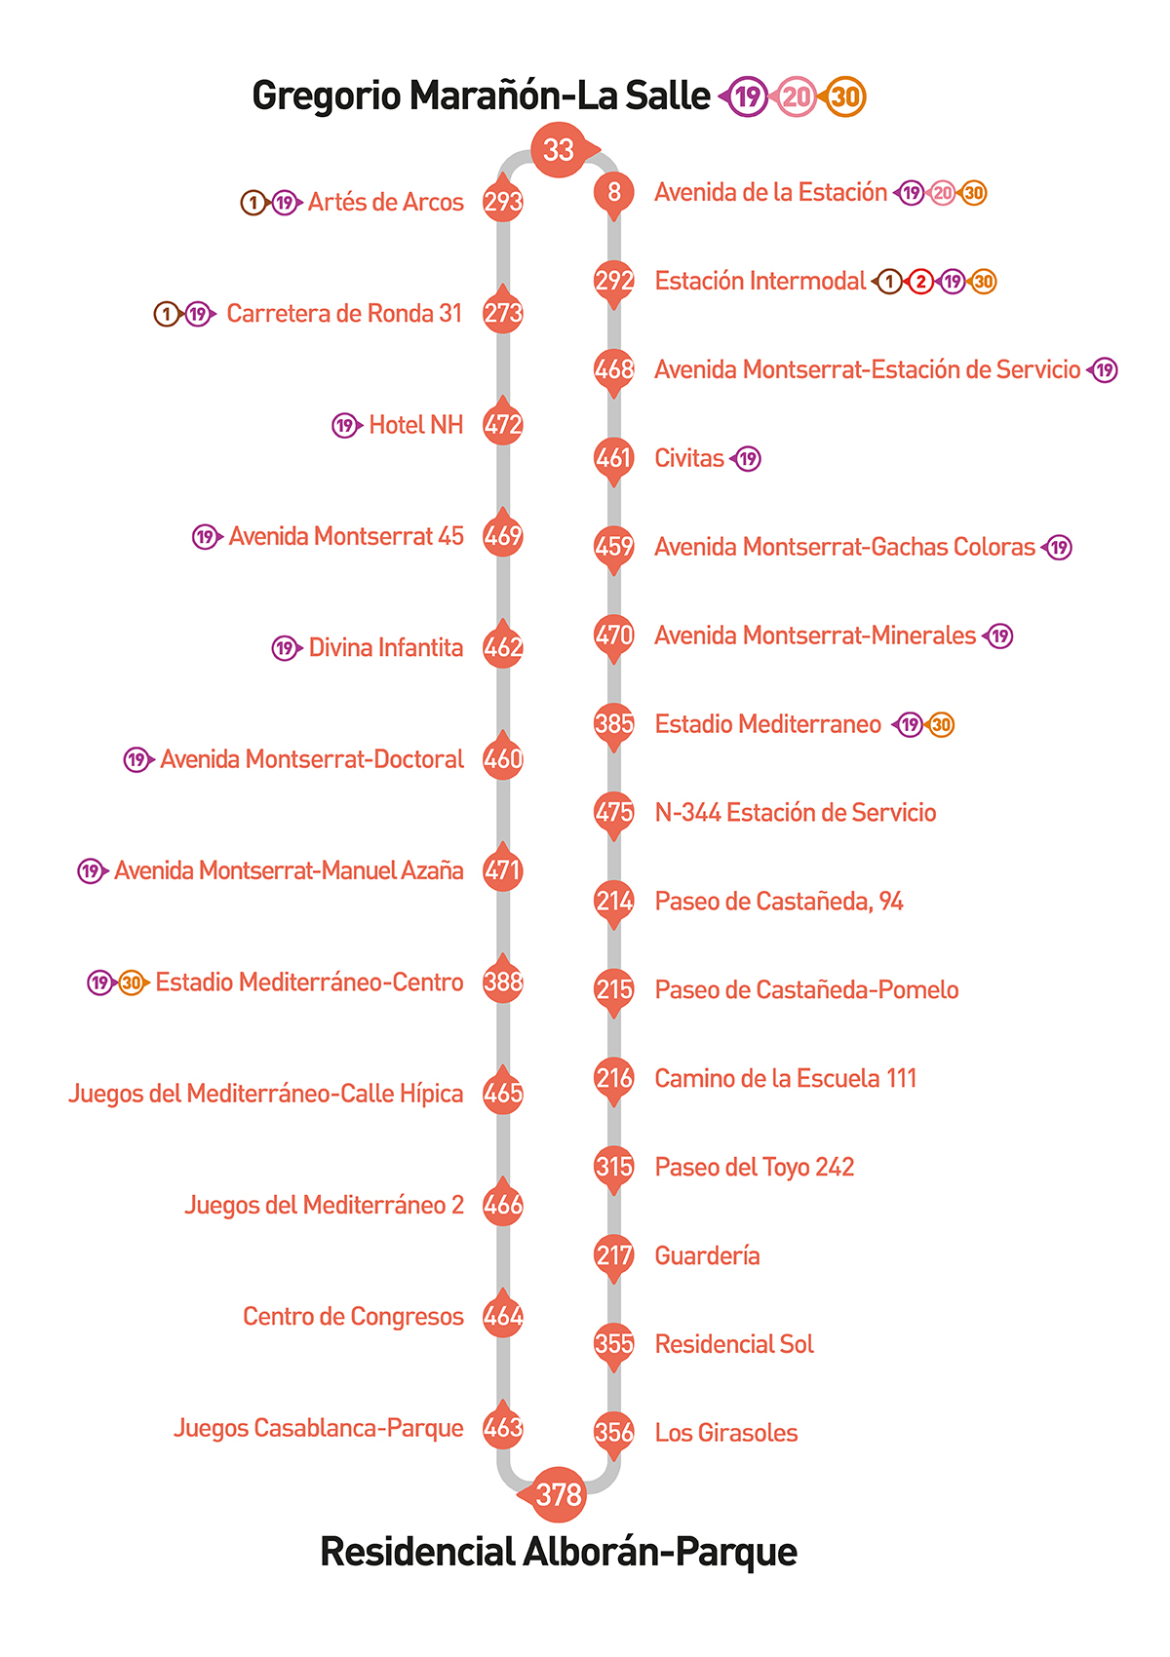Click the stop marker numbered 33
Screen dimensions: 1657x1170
point(559,149)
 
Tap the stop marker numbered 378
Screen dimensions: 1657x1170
point(559,1493)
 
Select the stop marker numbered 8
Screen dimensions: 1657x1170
point(614,192)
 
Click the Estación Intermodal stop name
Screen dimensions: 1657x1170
point(760,281)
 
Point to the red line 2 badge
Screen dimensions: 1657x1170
point(920,282)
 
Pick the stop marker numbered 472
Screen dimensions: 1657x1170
point(503,424)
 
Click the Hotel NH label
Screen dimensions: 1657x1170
point(415,425)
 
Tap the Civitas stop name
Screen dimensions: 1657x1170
point(689,458)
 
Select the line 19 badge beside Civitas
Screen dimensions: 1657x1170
point(747,458)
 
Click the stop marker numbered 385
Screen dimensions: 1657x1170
point(614,723)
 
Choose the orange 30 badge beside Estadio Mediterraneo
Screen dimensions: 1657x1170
point(941,724)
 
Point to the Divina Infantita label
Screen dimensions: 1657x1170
point(385,647)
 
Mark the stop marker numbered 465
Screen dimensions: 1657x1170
point(503,1094)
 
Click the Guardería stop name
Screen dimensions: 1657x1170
point(707,1255)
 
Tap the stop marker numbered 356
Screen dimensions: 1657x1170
point(614,1432)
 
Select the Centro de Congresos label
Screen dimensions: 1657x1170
point(353,1316)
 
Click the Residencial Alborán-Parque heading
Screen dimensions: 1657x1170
point(559,1552)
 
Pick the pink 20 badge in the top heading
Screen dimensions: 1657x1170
point(797,96)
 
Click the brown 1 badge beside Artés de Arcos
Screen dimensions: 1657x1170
point(253,203)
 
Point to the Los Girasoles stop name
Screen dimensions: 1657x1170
point(726,1433)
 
